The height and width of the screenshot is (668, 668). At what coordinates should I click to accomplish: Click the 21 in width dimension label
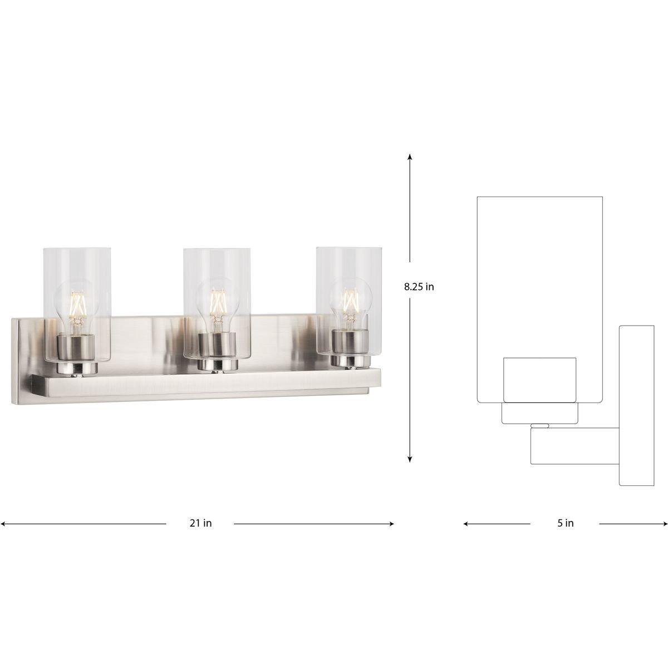tap(200, 523)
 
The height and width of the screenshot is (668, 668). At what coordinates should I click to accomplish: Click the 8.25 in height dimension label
tap(419, 287)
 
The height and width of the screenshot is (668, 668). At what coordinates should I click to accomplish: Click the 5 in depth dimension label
tap(566, 523)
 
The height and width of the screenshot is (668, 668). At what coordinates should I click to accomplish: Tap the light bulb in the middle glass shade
tap(217, 308)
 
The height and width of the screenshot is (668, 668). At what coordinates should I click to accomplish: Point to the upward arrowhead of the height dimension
tap(410, 158)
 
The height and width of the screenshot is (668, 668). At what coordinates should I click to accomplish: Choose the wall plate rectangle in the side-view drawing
tap(636, 405)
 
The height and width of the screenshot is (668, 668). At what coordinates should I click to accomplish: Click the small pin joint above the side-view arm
tap(540, 426)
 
